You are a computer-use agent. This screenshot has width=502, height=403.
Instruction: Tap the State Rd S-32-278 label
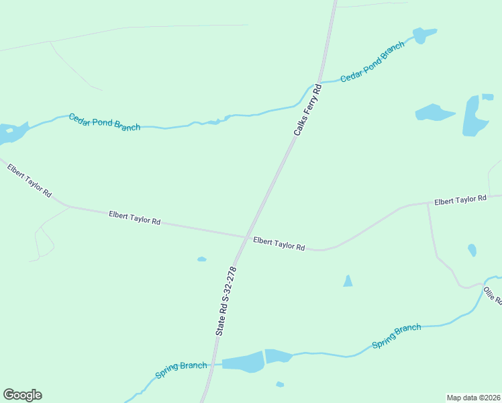pyautogui.click(x=226, y=301)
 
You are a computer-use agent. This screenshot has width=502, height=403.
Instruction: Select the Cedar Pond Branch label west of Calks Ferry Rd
pyautogui.click(x=104, y=122)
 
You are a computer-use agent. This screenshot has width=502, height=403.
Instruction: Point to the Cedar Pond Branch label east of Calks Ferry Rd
pyautogui.click(x=372, y=62)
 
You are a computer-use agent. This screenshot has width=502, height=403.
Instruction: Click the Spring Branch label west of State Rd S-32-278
pyautogui.click(x=181, y=369)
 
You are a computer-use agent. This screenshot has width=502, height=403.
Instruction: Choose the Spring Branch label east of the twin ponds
pyautogui.click(x=397, y=336)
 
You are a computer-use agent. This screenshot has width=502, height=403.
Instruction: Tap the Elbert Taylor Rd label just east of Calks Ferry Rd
pyautogui.click(x=279, y=243)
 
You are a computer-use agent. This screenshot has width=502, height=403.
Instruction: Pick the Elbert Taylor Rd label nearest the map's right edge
pyautogui.click(x=460, y=200)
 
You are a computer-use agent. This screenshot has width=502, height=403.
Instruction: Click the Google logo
pyautogui.click(x=22, y=395)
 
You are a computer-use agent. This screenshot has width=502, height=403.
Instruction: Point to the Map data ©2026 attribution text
pyautogui.click(x=473, y=397)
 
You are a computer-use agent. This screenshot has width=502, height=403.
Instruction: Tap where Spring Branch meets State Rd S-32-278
pyautogui.click(x=214, y=364)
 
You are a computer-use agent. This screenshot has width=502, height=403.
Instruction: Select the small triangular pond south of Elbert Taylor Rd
pyautogui.click(x=348, y=281)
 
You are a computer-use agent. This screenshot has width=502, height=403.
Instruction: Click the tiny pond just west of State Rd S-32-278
pyautogui.click(x=201, y=259)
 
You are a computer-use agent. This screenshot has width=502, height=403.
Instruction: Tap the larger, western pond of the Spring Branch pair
pyautogui.click(x=243, y=362)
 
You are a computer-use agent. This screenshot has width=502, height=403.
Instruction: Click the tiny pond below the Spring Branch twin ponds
pyautogui.click(x=280, y=384)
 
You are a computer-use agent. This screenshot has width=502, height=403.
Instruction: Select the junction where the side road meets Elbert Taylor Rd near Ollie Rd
pyautogui.click(x=428, y=203)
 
